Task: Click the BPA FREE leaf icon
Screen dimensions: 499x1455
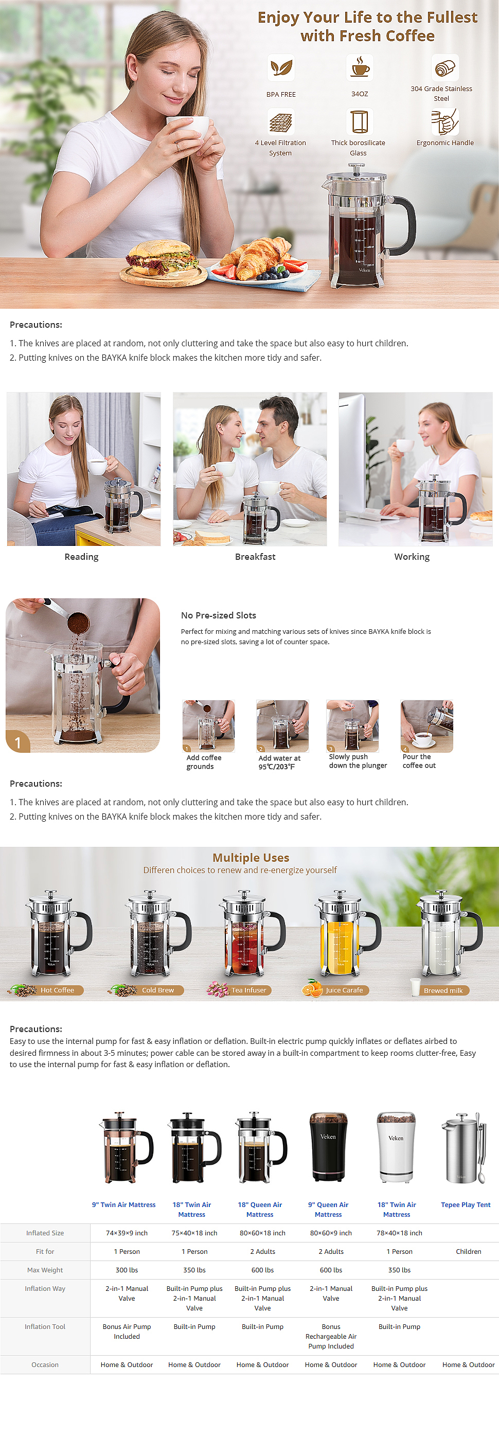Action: (x=280, y=68)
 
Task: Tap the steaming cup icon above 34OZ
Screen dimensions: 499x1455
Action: (x=360, y=68)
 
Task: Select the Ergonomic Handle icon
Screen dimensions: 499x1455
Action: (x=445, y=121)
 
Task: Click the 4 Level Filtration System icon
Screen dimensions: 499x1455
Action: (x=280, y=121)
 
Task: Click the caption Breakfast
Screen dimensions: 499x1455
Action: (x=255, y=556)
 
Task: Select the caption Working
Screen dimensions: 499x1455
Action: (x=412, y=556)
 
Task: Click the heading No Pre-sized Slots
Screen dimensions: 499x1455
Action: (x=219, y=615)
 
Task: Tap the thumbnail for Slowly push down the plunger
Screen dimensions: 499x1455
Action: (x=352, y=726)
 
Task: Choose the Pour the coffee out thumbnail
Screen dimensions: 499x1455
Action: (x=427, y=726)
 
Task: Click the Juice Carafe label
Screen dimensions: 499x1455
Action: (x=344, y=990)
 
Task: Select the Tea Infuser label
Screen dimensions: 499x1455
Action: (x=249, y=990)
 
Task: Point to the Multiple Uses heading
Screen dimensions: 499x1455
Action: (x=251, y=857)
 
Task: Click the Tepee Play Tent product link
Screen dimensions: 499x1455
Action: (x=466, y=1205)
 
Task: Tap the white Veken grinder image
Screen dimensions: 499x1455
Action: (x=396, y=1147)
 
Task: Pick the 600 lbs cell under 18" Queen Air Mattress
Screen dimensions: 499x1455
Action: (x=262, y=1270)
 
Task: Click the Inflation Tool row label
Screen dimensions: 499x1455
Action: (x=45, y=1326)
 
